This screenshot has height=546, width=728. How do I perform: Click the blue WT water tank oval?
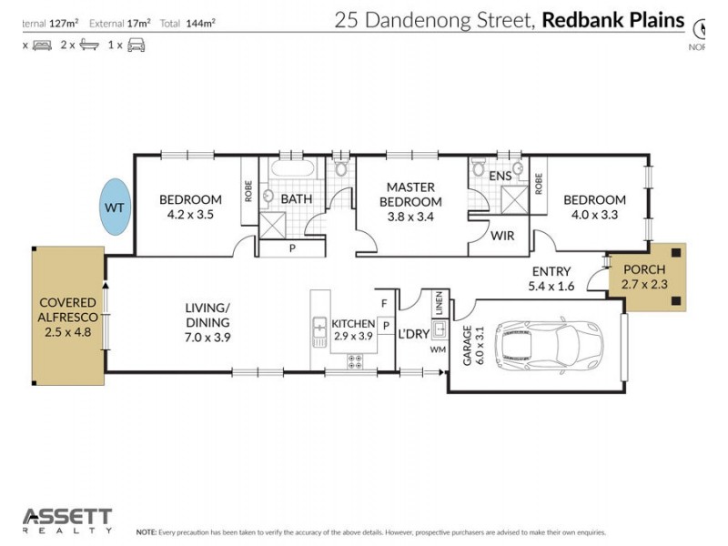click(115, 207)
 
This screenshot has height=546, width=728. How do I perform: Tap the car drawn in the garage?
click(549, 345)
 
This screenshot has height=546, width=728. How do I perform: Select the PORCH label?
click(643, 270)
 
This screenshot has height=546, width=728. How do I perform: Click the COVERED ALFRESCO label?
click(68, 318)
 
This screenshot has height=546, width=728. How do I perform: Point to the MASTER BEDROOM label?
click(410, 194)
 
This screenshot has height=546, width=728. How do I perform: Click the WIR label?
click(502, 236)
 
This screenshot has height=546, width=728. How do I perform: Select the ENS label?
click(500, 176)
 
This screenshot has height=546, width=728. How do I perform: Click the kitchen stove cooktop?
click(355, 361)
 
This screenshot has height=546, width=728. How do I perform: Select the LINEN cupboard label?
click(439, 304)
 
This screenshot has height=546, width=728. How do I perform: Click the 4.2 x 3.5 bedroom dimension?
click(190, 216)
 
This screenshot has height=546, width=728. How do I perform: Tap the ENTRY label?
click(551, 271)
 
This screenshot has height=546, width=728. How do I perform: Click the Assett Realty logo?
click(67, 520)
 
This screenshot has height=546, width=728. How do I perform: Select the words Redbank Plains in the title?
click(612, 20)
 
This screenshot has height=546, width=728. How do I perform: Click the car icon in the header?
click(136, 44)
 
